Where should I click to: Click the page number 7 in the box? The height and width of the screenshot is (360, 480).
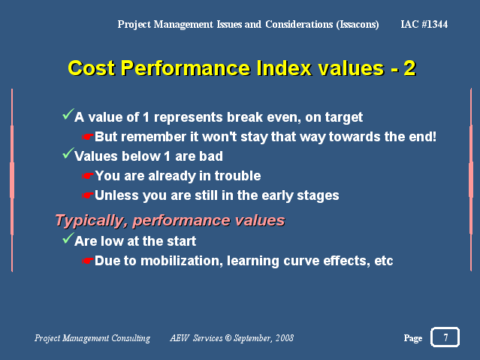point(445,337)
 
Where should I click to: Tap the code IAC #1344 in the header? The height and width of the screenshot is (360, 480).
point(424,24)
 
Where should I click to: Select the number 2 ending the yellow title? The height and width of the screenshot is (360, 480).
point(409,68)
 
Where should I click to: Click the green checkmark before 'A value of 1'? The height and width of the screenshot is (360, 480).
point(68,114)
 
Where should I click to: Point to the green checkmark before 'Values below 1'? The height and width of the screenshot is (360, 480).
point(68,153)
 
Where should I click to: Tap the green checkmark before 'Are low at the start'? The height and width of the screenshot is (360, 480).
point(68,238)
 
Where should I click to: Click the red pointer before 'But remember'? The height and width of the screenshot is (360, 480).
point(88,137)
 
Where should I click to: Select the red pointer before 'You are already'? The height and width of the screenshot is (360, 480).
point(88,176)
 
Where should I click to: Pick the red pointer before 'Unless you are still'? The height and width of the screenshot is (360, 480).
point(88,195)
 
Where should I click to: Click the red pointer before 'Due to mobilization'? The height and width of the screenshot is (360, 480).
point(88,261)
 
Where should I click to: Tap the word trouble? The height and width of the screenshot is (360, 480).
point(237,176)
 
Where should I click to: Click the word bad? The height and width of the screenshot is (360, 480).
point(211,156)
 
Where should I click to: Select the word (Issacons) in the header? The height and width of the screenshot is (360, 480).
point(358,24)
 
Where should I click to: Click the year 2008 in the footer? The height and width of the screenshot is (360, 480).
point(285,338)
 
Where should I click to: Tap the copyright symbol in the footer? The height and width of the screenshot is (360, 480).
point(228,338)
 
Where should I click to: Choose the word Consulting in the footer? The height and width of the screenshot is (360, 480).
point(131,338)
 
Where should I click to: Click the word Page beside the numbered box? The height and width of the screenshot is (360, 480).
point(413,338)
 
